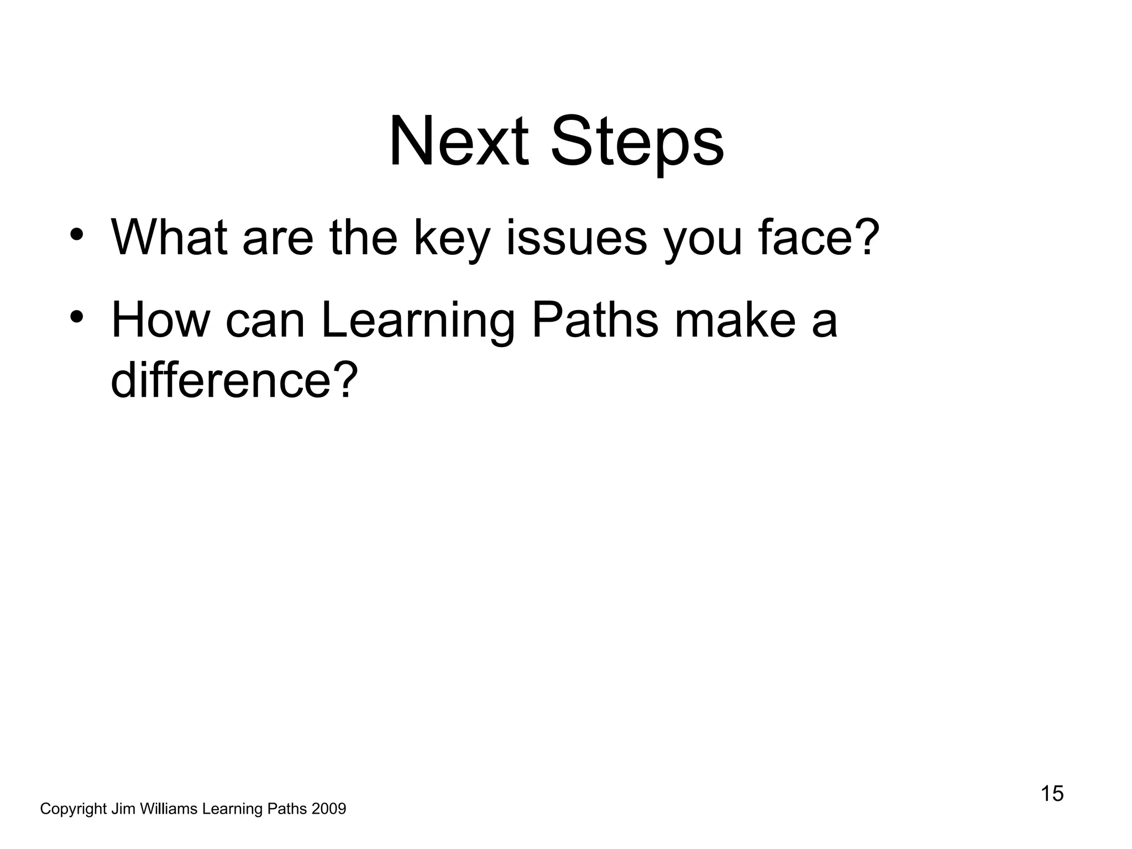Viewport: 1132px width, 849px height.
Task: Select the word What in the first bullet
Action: coord(169,238)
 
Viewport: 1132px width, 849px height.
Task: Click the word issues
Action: coord(576,238)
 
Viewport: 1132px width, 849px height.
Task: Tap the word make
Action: coord(735,321)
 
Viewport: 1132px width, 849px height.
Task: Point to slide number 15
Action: coord(1052,794)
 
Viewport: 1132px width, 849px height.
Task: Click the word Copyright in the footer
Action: coord(73,809)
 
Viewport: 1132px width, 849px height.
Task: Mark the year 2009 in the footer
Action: coord(329,809)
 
